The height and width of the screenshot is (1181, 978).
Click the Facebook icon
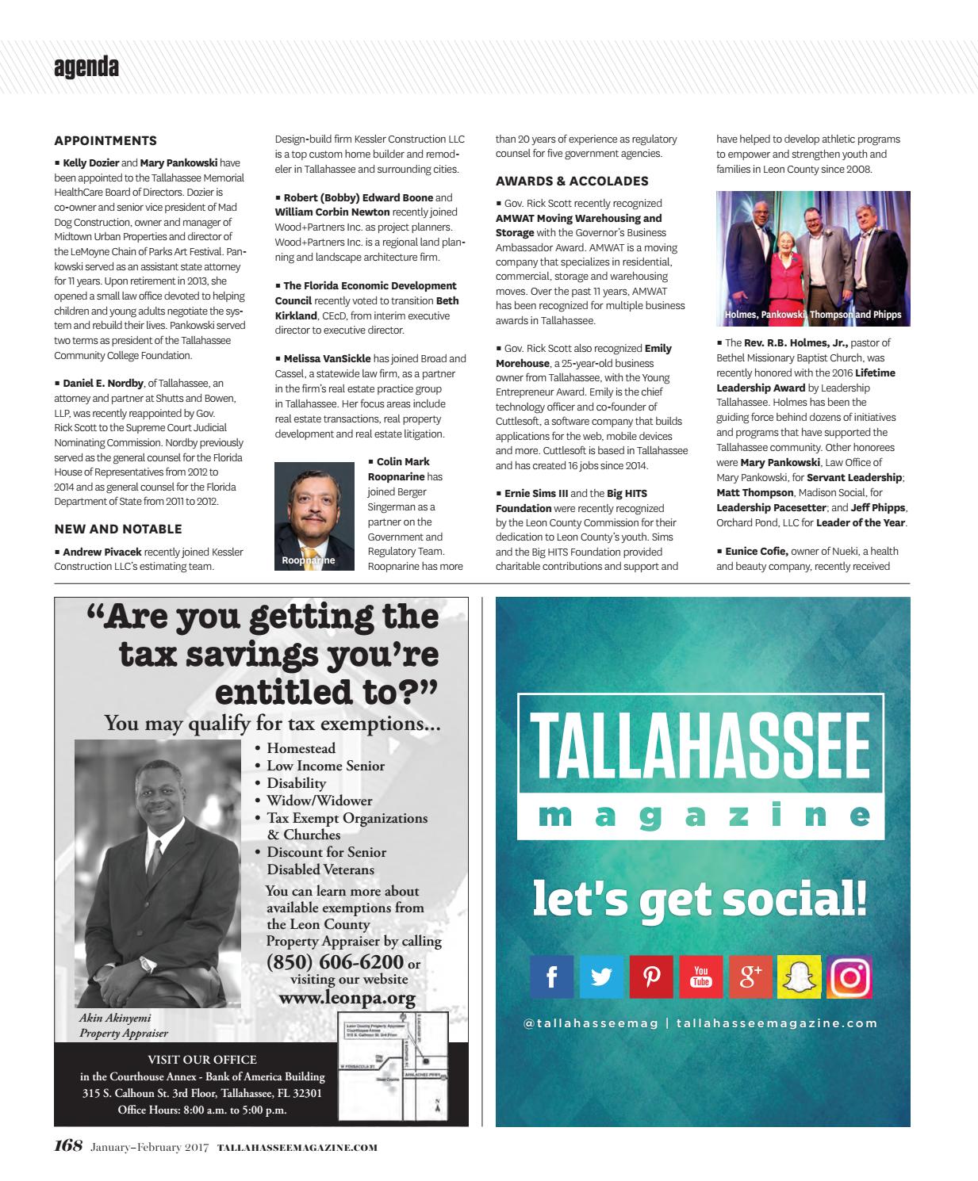point(553,977)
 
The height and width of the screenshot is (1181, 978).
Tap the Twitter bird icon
point(601,977)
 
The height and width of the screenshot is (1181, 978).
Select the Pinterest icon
point(651,977)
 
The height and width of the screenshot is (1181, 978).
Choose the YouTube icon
point(701,977)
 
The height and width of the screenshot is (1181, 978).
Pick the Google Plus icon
point(750,977)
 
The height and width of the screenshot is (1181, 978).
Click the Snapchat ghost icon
point(800,977)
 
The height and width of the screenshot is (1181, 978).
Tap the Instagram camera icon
point(850,977)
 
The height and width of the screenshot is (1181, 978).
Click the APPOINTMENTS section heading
point(105,141)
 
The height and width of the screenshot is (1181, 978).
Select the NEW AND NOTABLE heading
point(118,529)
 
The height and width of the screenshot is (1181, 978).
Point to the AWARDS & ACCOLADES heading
point(572,181)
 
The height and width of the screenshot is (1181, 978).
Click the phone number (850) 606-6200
point(336,962)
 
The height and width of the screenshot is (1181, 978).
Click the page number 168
point(68,1146)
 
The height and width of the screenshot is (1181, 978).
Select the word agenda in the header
point(86,68)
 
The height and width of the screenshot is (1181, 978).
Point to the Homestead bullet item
point(301,748)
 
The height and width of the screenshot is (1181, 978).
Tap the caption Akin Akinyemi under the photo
point(115,1018)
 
